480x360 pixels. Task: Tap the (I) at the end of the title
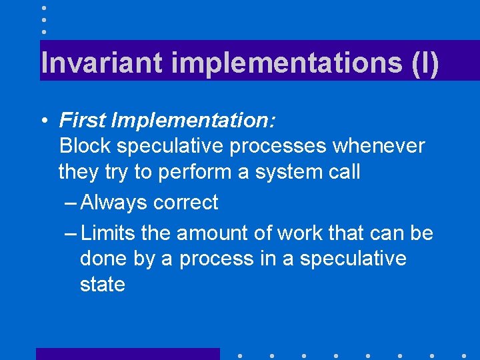pos(421,63)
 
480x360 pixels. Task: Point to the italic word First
pos(83,121)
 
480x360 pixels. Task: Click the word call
pos(342,172)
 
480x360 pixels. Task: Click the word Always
pos(113,203)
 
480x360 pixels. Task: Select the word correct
pos(185,203)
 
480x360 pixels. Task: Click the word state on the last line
pos(103,285)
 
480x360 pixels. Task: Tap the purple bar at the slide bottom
pos(127,353)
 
